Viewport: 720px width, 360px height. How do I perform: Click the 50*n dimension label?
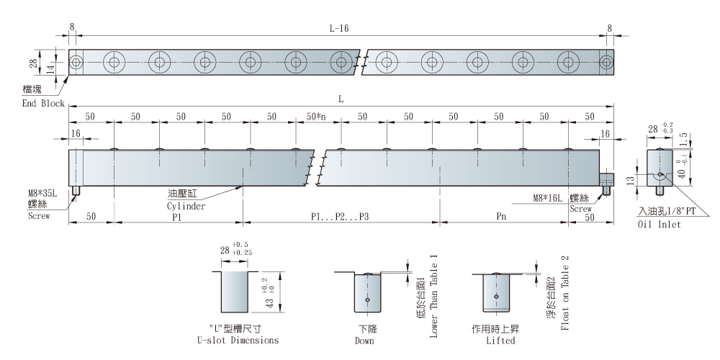point(317,117)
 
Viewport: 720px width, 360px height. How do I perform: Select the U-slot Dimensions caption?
point(233,341)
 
